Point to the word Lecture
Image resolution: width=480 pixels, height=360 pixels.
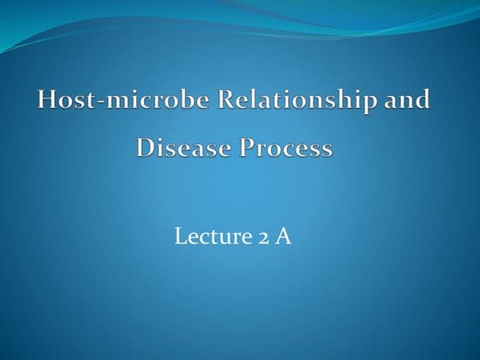point(207,237)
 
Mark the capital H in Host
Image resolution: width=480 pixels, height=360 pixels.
point(47,99)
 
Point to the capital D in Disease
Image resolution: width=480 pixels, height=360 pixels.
point(146,148)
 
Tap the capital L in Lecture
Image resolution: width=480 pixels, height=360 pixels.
point(180,237)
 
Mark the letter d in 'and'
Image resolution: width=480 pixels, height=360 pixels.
point(423,99)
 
